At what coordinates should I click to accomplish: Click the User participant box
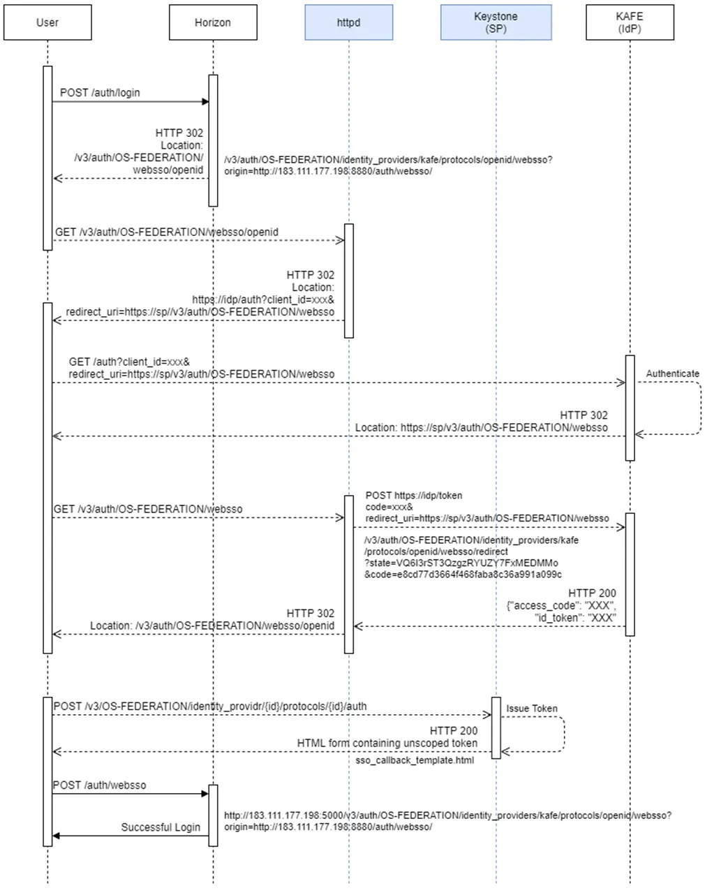pos(47,22)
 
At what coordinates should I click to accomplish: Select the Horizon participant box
pos(212,22)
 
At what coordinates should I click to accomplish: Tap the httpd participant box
pos(348,22)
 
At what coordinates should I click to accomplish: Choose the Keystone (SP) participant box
pos(496,22)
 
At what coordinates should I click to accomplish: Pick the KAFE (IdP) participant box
pos(630,22)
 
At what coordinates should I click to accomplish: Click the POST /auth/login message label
pos(100,92)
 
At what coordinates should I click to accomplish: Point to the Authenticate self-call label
pos(672,373)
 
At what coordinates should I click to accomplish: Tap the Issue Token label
pos(532,709)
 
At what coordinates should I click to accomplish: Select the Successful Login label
pos(161,827)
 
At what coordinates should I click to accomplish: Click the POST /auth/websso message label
pos(100,785)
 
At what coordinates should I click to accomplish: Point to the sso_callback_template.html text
pos(415,760)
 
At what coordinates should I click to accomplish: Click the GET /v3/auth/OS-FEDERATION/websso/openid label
pos(167,232)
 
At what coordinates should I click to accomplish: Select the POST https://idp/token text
pos(414,496)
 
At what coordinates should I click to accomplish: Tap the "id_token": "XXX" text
pos(574,618)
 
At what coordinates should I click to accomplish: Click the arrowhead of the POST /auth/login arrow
pos(205,102)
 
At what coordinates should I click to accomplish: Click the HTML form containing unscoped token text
pos(387,744)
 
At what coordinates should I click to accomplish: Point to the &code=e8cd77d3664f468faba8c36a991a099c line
pos(463,575)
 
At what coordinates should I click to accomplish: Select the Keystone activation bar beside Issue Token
pos(496,727)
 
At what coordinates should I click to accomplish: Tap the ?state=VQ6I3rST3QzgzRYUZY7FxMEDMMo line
pos(461,563)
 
